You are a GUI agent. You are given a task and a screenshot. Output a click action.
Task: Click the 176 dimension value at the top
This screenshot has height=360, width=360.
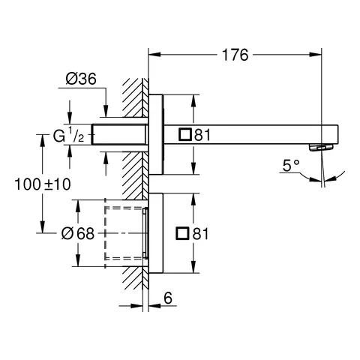[235, 54]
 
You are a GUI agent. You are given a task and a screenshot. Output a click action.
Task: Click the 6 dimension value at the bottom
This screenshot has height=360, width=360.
[169, 298]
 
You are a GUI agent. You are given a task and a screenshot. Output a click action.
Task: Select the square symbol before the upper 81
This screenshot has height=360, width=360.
[184, 135]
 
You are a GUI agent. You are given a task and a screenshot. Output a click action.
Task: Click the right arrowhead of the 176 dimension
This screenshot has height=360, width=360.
[320, 54]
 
